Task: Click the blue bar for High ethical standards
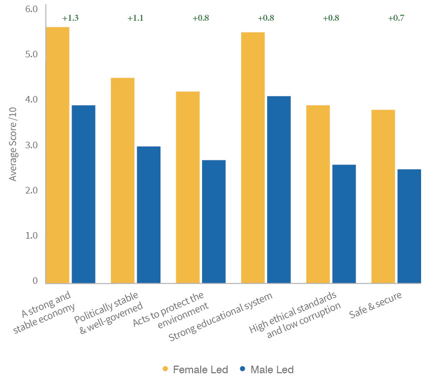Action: tap(344, 223)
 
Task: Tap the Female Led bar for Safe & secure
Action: tap(383, 196)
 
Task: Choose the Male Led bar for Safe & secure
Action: tap(409, 226)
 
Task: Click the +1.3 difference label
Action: tap(71, 18)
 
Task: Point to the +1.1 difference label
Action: tap(136, 18)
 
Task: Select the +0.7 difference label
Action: tap(396, 18)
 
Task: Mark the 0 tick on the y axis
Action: tap(35, 281)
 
